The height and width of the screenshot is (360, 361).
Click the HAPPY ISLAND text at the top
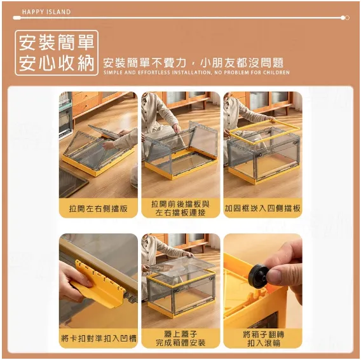click(46, 12)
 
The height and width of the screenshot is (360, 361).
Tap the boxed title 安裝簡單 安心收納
click(57, 53)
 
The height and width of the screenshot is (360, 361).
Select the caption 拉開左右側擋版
click(99, 209)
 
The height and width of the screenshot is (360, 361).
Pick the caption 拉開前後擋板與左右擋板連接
click(180, 208)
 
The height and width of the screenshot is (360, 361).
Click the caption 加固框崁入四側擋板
click(262, 208)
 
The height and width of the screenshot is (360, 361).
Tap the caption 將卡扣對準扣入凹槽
click(99, 338)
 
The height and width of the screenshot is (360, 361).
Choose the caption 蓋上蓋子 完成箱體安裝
click(180, 338)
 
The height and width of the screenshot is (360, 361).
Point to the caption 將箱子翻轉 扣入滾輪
click(263, 339)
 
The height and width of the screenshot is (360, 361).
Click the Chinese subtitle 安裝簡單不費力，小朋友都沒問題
click(193, 63)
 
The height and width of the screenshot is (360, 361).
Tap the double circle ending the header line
click(345, 18)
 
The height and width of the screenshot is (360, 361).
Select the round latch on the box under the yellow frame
click(296, 143)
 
